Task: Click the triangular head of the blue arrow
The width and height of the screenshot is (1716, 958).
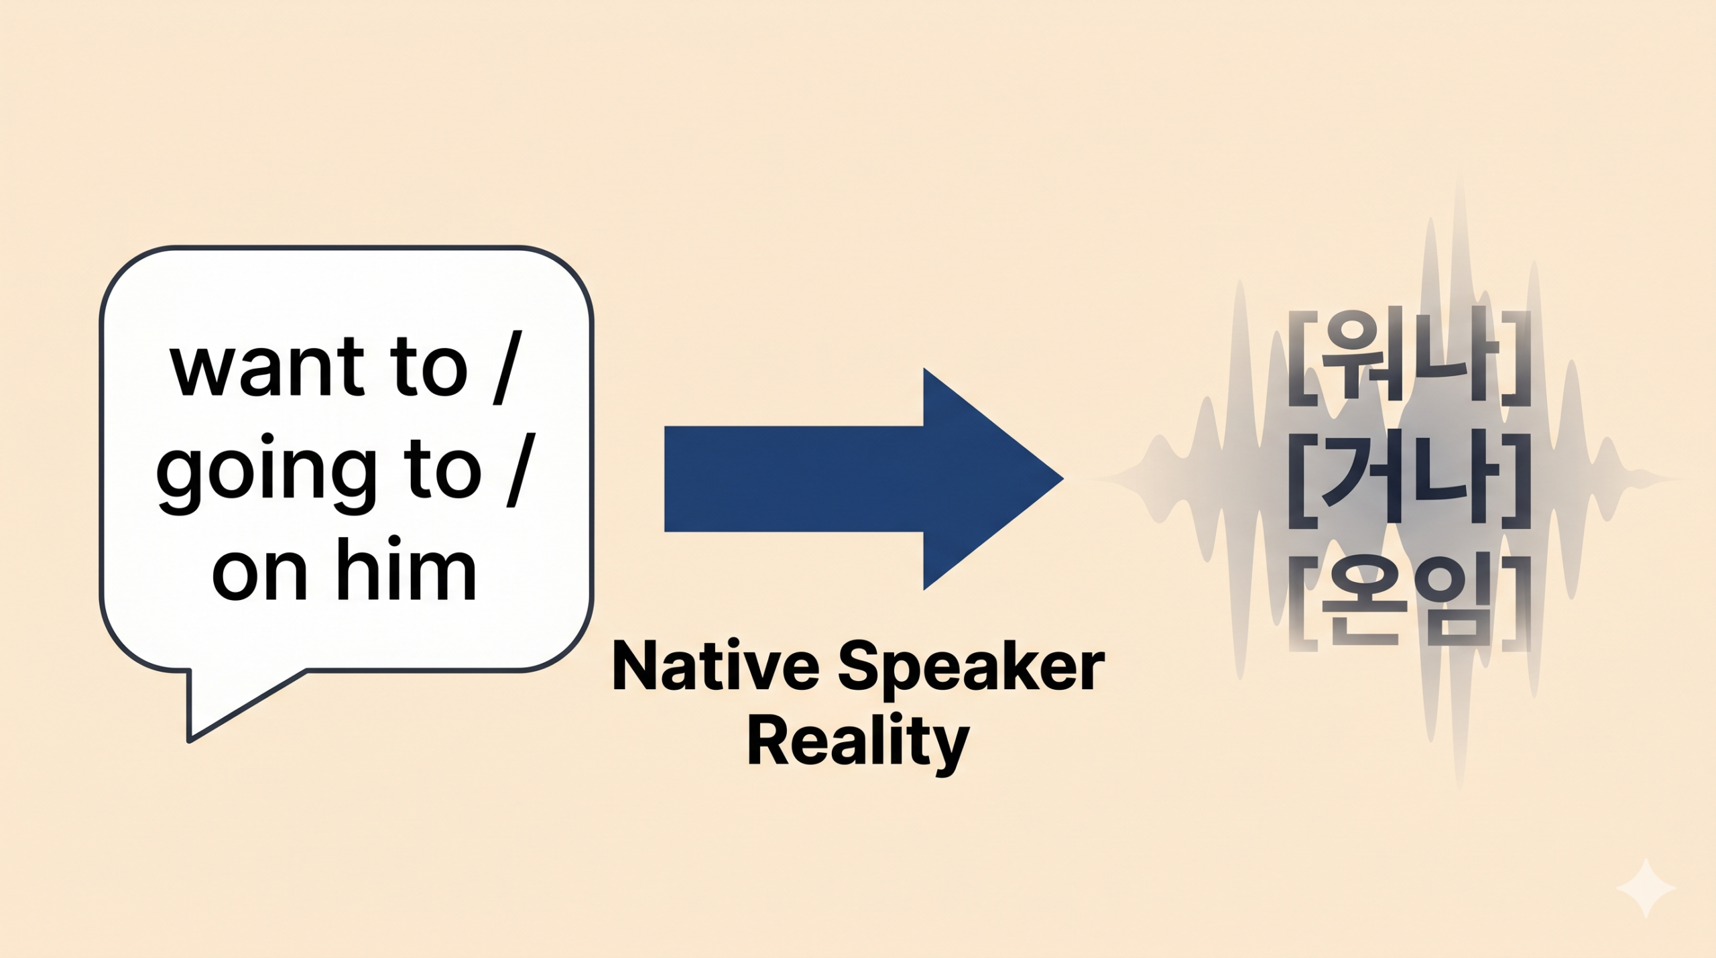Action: click(x=985, y=479)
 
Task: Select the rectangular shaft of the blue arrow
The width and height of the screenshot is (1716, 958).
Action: click(x=794, y=479)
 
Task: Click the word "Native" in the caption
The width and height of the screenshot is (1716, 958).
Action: click(x=716, y=666)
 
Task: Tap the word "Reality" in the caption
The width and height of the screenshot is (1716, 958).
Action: click(x=858, y=743)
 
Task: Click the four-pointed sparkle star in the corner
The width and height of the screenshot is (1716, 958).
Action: click(x=1646, y=888)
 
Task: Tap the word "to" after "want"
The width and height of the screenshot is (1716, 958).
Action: click(x=428, y=368)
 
